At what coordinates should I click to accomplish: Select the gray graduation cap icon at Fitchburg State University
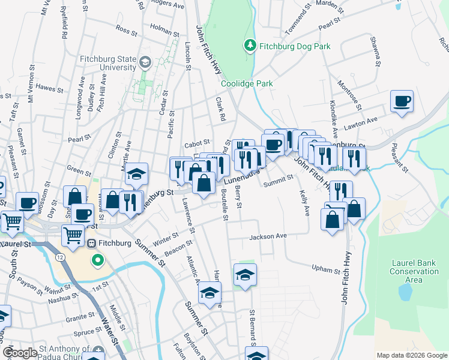coord(145,61)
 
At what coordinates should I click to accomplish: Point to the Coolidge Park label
coord(247,83)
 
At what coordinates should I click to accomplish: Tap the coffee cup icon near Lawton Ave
coord(402,101)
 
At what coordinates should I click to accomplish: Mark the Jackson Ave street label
coord(269,236)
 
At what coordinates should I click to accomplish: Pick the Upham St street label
coord(326,270)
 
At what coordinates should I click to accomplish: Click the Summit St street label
coord(281,178)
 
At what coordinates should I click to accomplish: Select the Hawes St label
coord(49,89)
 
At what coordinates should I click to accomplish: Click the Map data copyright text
coord(412,355)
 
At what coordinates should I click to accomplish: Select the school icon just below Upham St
coord(245,275)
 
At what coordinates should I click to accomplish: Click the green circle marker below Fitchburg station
coord(97,260)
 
